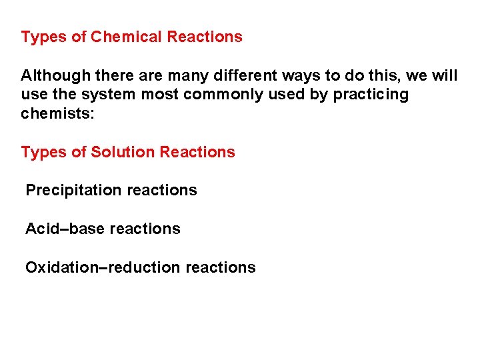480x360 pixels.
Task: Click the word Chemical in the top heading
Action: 126,37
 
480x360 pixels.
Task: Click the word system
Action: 110,95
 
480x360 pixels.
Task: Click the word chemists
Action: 58,113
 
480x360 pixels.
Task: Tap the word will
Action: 445,75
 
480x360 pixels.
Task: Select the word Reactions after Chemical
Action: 205,37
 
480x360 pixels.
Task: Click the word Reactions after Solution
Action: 197,152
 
